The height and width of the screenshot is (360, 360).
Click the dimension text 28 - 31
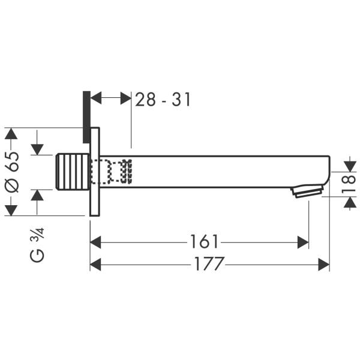[x=163, y=100]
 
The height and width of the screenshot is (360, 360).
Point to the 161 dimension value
[x=204, y=242]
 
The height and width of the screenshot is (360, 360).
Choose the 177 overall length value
[x=209, y=263]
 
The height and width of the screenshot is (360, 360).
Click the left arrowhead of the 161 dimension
[x=96, y=242]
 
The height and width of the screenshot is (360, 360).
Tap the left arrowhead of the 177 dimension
[x=96, y=263]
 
